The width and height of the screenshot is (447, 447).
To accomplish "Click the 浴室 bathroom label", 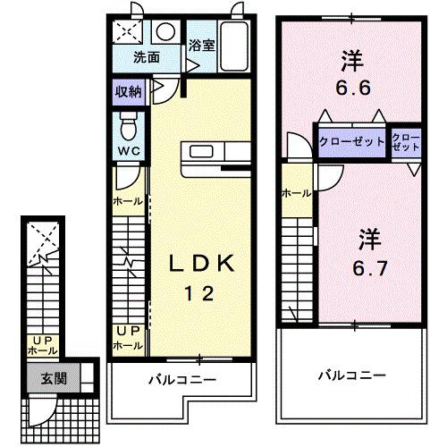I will click(201, 46).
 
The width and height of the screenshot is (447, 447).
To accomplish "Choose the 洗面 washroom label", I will click(147, 58).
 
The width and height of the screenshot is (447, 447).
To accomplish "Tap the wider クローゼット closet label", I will click(352, 142).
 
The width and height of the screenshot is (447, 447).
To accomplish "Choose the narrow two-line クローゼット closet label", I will click(407, 142).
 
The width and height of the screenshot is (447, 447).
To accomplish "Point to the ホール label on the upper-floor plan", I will click(297, 192).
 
